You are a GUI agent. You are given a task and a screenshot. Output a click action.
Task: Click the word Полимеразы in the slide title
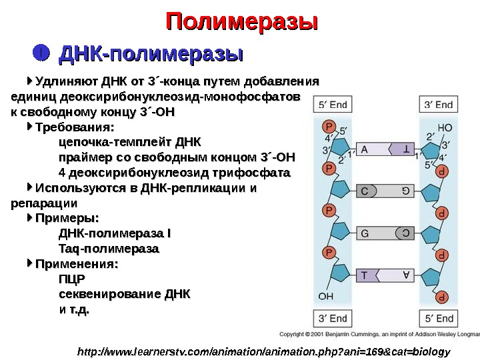point(241,22)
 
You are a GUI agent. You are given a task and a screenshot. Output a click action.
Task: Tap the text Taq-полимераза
point(109,249)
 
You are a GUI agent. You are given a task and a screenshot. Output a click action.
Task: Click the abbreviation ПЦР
point(72,279)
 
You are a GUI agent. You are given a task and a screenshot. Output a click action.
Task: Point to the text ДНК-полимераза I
point(115,233)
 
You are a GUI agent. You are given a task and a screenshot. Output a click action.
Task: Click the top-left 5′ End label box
point(333,105)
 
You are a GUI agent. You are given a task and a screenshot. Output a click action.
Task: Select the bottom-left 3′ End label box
point(333,318)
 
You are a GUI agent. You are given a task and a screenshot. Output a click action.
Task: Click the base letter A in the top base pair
point(365,150)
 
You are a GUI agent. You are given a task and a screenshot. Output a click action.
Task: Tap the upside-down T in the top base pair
point(405,150)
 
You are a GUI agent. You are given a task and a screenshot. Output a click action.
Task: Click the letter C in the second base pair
point(365,191)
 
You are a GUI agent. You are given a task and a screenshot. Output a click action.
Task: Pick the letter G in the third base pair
point(365,233)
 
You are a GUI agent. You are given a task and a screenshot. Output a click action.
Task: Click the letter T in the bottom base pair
point(365,275)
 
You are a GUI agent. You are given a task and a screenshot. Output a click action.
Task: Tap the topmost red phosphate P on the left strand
point(328,126)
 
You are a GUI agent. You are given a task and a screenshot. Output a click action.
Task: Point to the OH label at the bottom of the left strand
point(325,295)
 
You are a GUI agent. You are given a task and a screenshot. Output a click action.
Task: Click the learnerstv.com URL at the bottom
point(264,351)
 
